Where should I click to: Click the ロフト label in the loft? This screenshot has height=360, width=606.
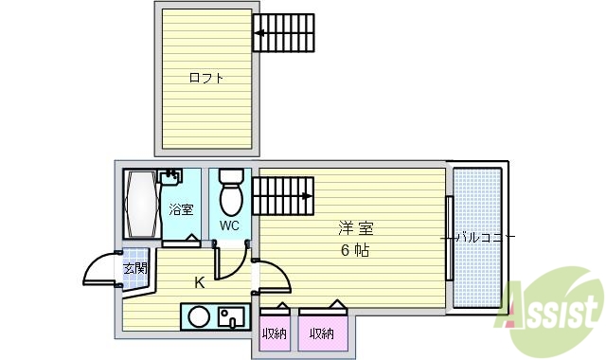[206, 78]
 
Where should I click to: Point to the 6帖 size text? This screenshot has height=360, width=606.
[355, 251]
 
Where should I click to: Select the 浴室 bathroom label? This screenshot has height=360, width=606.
[181, 209]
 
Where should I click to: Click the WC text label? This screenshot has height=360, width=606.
[229, 226]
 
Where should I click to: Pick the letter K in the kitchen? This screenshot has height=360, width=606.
[200, 282]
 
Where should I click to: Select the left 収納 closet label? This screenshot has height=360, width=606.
[275, 333]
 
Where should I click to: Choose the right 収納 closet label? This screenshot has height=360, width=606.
[321, 333]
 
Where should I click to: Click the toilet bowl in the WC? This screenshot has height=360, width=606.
[230, 196]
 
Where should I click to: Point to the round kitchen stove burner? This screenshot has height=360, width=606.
[199, 316]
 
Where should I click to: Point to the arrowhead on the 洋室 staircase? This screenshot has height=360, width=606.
[308, 197]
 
